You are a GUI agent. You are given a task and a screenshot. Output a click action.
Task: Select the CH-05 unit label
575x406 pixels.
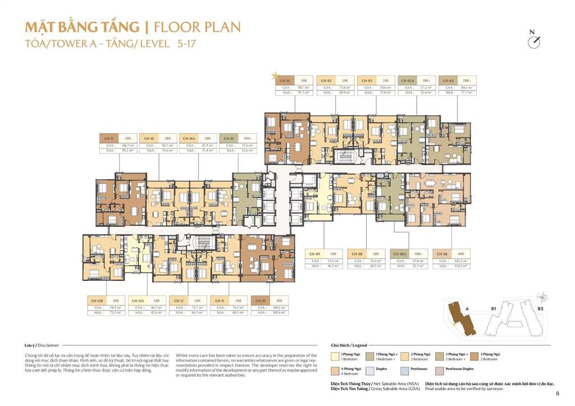447,81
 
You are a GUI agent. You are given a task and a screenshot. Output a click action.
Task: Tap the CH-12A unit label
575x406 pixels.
138,301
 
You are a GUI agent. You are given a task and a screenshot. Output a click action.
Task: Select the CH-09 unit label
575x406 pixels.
314,253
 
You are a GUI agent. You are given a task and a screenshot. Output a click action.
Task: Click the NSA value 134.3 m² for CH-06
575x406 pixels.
462,266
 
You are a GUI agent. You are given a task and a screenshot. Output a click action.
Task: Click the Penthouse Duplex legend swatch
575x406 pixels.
439,370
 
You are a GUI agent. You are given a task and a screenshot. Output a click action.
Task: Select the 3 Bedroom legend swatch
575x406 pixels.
473,356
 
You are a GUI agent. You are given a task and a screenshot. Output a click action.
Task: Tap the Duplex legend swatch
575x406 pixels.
370,370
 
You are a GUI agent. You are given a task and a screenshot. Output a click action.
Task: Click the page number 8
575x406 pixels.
557,393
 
